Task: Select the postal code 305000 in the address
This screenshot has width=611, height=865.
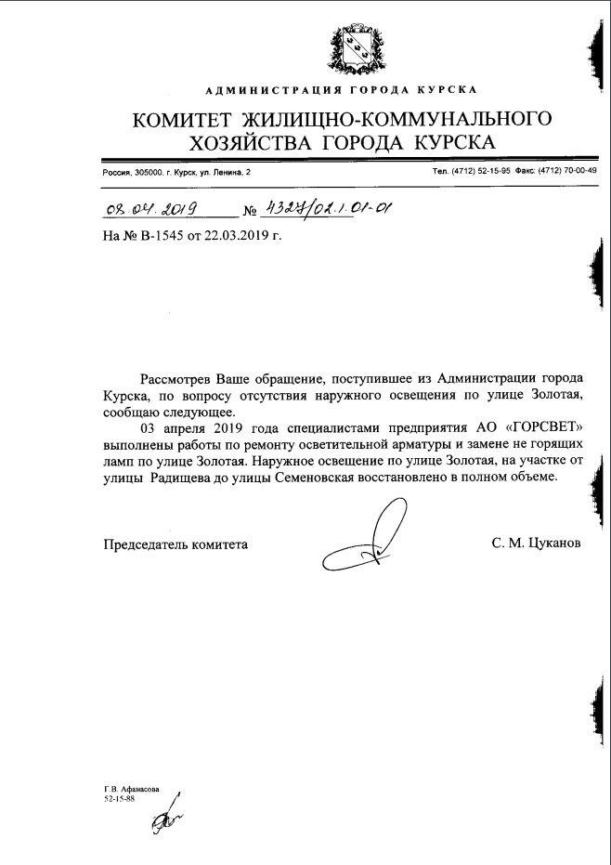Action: pyautogui.click(x=149, y=173)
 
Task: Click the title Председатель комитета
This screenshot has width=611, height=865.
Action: pyautogui.click(x=175, y=544)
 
